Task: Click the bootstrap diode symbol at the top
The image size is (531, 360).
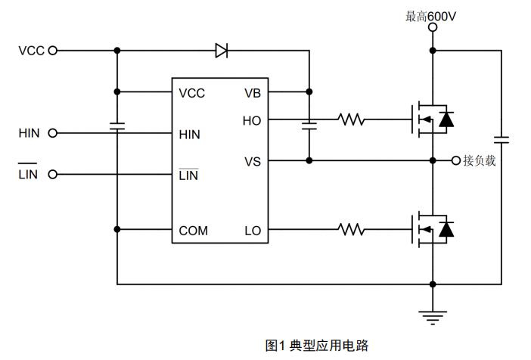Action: [222, 51]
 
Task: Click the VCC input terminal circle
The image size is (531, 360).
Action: [52, 51]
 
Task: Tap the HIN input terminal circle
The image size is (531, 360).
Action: [52, 133]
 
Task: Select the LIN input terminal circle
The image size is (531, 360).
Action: [52, 175]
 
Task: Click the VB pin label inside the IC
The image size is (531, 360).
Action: [253, 93]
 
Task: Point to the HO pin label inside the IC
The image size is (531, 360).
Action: [252, 119]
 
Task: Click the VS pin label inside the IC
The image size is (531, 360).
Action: [253, 161]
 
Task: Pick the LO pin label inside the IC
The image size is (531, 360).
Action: [253, 230]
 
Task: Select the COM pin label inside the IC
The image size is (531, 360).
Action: [194, 230]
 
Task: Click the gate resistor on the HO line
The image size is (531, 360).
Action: [352, 119]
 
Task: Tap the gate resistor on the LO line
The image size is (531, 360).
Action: [352, 229]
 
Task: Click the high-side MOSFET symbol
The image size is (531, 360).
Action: [429, 119]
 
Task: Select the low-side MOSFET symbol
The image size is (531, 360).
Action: [429, 229]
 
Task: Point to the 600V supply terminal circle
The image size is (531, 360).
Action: [432, 27]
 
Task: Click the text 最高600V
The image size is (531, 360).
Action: [431, 14]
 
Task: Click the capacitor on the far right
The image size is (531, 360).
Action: [501, 139]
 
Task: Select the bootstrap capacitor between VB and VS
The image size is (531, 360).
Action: [309, 126]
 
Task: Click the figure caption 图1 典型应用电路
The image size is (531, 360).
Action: [317, 346]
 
